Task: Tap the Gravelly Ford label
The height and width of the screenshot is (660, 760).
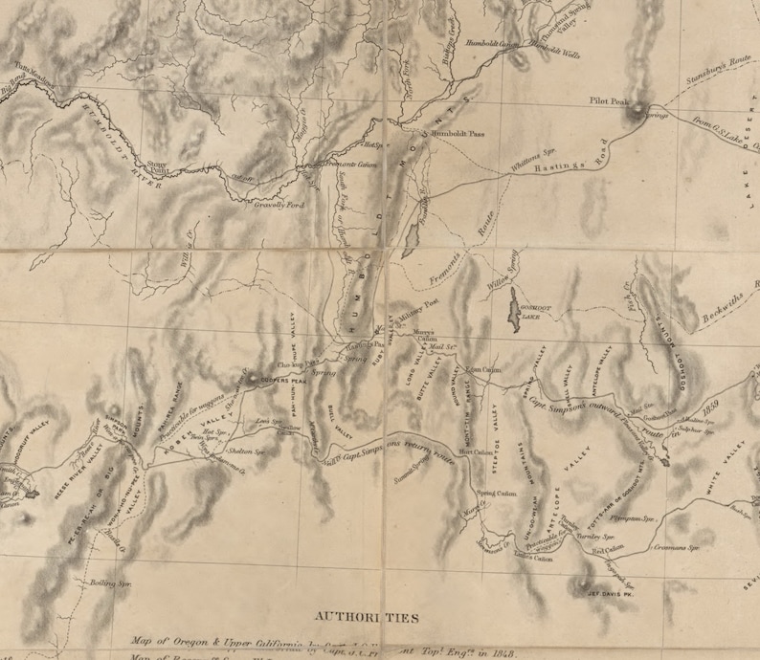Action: (x=281, y=205)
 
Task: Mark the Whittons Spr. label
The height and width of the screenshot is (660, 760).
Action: (x=532, y=164)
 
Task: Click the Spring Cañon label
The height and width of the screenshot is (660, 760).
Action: (x=495, y=494)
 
